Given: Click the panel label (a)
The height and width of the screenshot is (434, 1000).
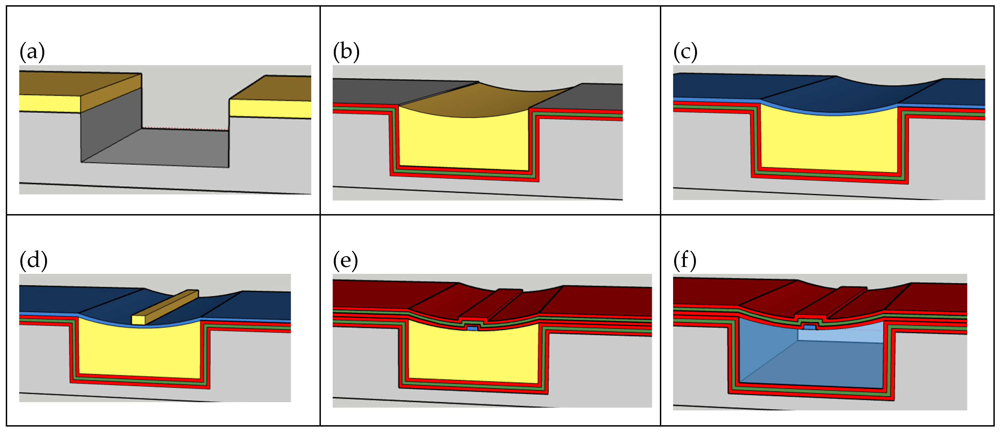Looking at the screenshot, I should (32, 52).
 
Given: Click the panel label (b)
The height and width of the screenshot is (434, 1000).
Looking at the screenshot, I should (346, 52).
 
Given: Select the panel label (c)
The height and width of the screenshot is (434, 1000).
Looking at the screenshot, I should (685, 52).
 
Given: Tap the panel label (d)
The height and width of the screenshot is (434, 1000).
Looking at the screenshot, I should (33, 260).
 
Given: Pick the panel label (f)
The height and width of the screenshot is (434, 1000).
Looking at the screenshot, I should (684, 260).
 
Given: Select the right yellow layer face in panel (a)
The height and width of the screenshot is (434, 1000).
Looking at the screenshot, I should (270, 109).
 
